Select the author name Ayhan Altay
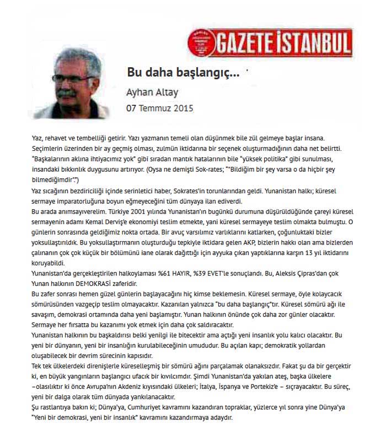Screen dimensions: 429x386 click(x=152, y=92)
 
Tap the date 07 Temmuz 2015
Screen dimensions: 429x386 click(x=159, y=108)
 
